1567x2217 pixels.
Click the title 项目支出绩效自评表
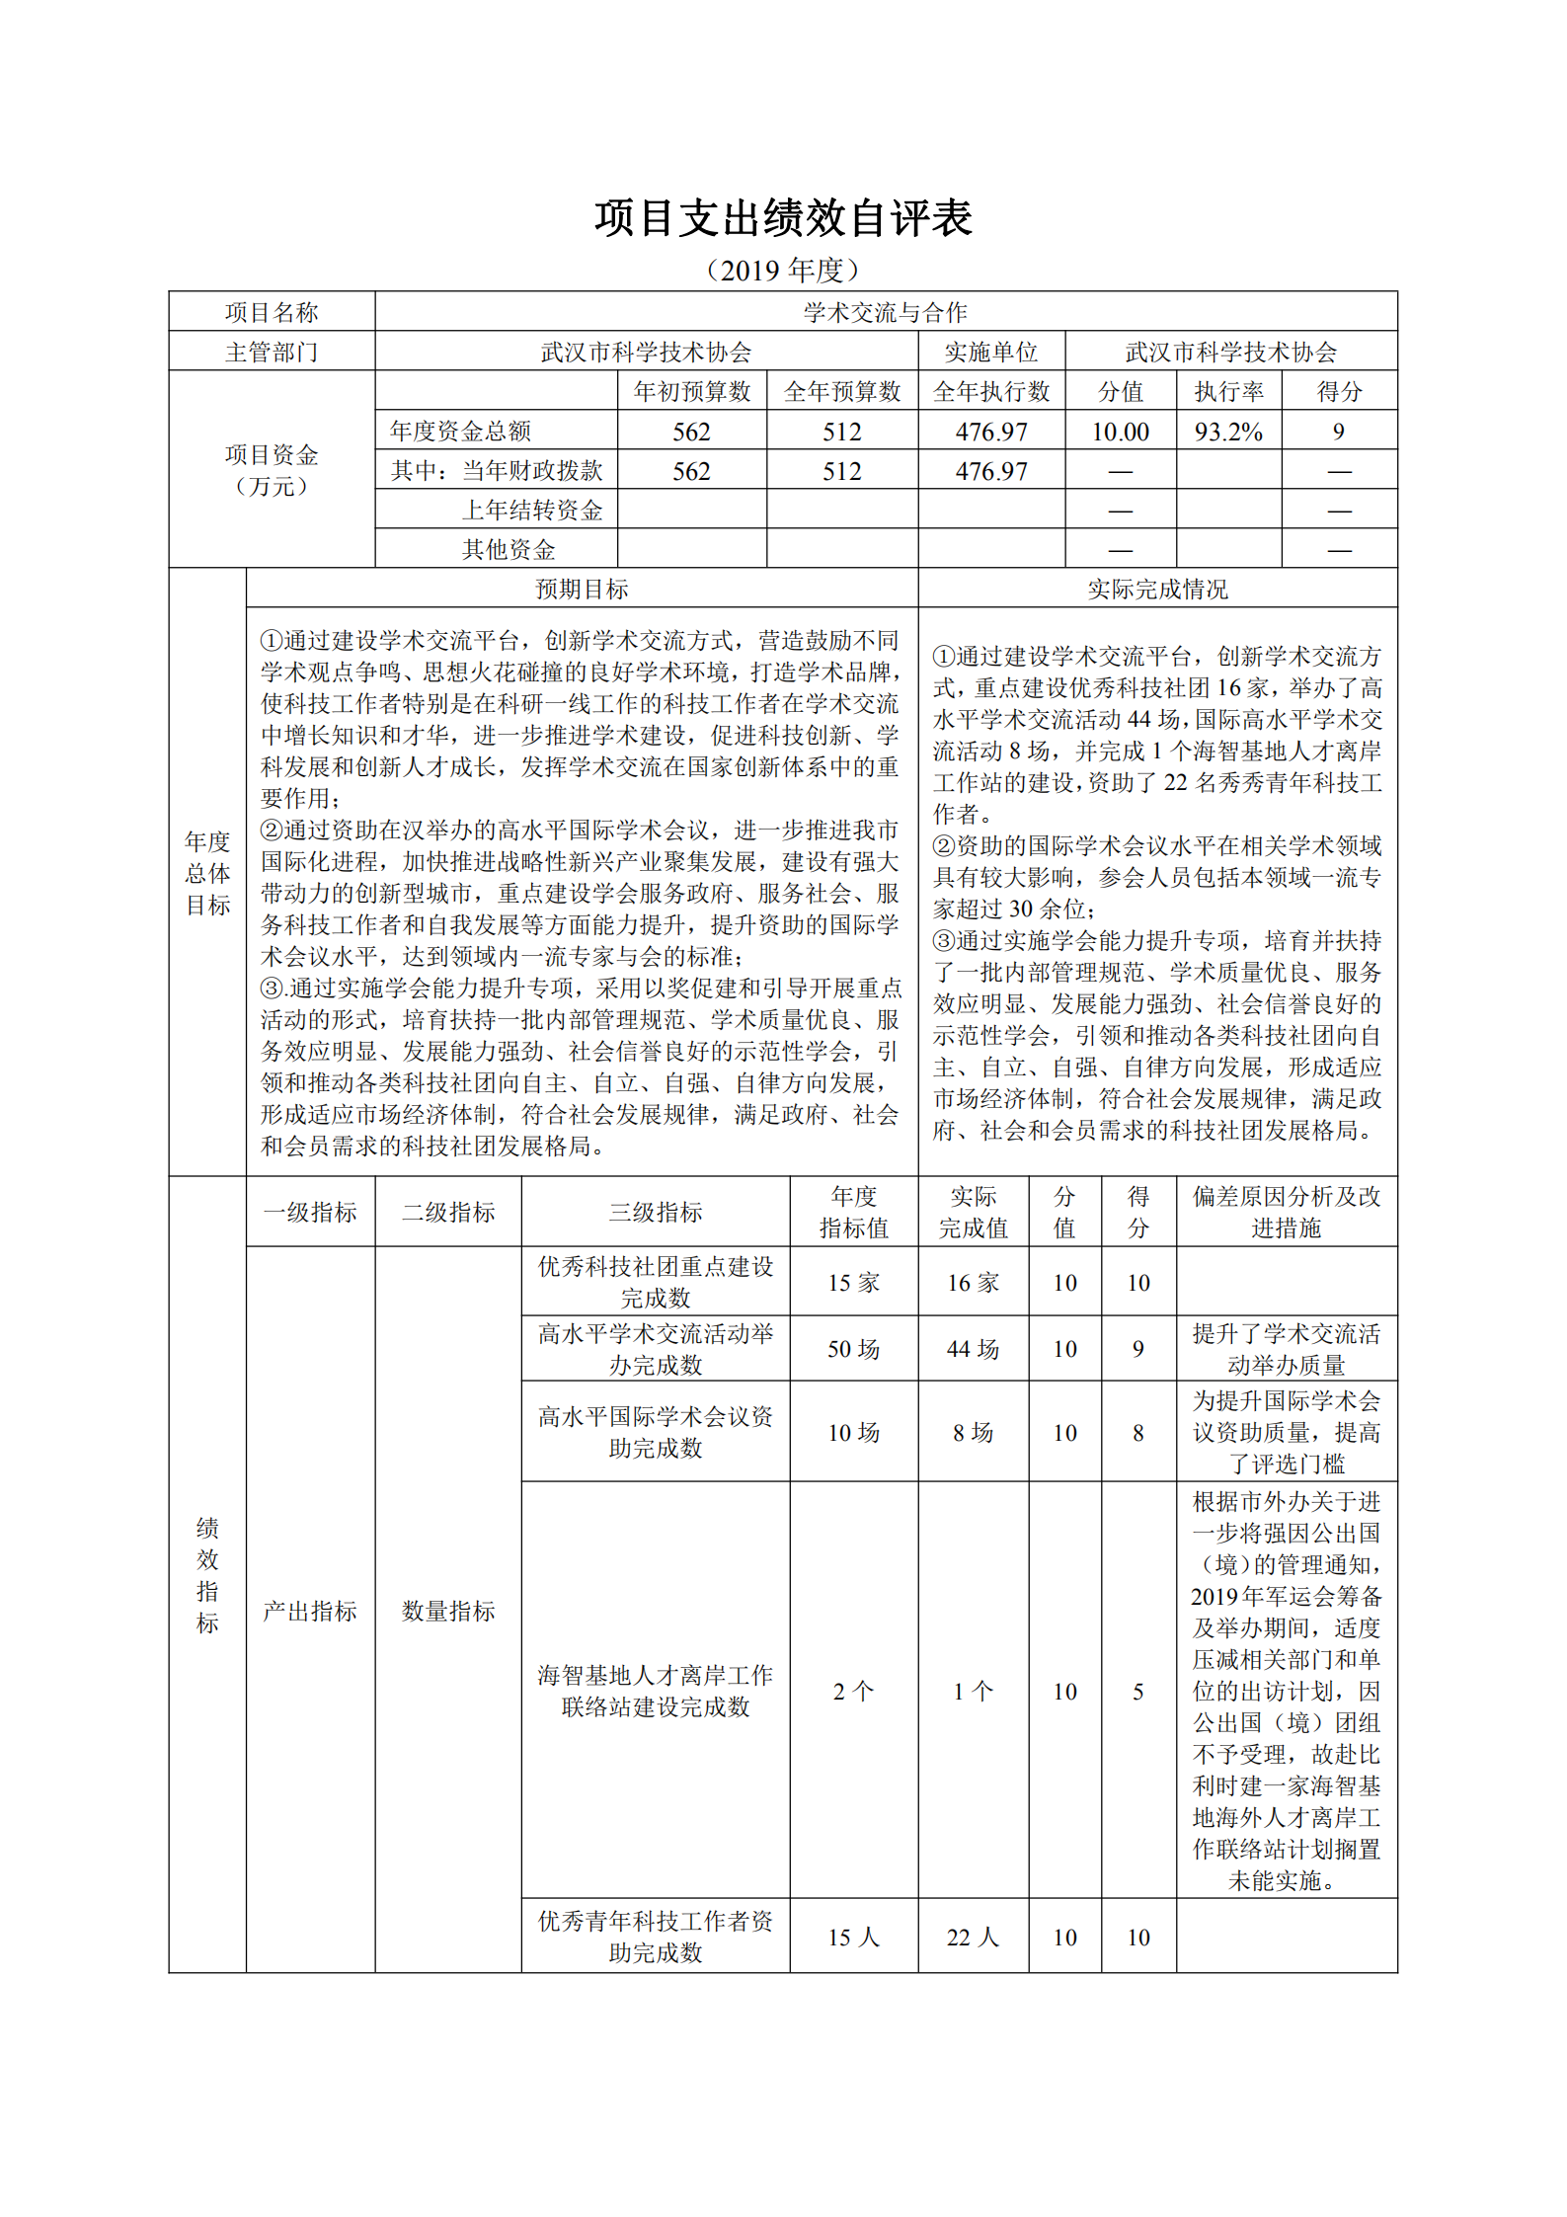click(x=783, y=218)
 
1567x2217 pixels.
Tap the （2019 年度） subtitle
click(x=783, y=270)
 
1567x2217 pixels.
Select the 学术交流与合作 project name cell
click(x=885, y=312)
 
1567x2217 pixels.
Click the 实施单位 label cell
click(x=990, y=352)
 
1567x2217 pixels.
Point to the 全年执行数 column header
click(x=990, y=391)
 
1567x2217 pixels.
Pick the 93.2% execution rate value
click(x=1228, y=432)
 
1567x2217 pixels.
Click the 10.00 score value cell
click(x=1120, y=432)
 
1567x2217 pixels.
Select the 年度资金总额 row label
click(x=460, y=431)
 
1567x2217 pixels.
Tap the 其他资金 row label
click(x=509, y=549)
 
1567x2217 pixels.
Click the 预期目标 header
click(x=582, y=589)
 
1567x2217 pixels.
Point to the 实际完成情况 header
click(x=1157, y=589)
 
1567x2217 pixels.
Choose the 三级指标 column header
click(x=655, y=1212)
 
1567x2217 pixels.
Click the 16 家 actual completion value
click(x=973, y=1282)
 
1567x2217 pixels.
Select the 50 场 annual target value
click(x=853, y=1349)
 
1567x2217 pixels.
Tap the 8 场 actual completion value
click(x=973, y=1432)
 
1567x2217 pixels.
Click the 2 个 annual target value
click(x=853, y=1691)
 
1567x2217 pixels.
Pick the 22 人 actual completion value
click(x=973, y=1937)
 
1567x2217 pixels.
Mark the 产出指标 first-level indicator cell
click(x=309, y=1611)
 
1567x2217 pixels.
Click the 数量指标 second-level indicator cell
click(x=448, y=1611)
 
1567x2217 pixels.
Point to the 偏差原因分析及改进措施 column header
click(x=1286, y=1212)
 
